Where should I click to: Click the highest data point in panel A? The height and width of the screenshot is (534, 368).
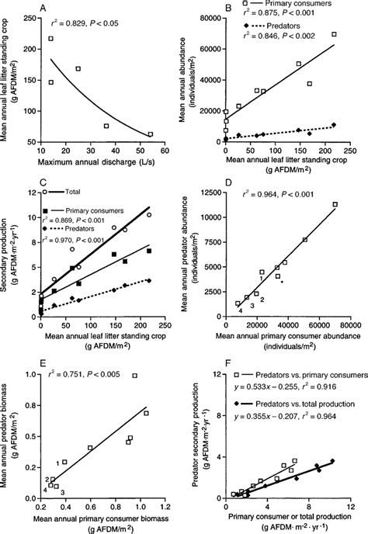coord(51,38)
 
